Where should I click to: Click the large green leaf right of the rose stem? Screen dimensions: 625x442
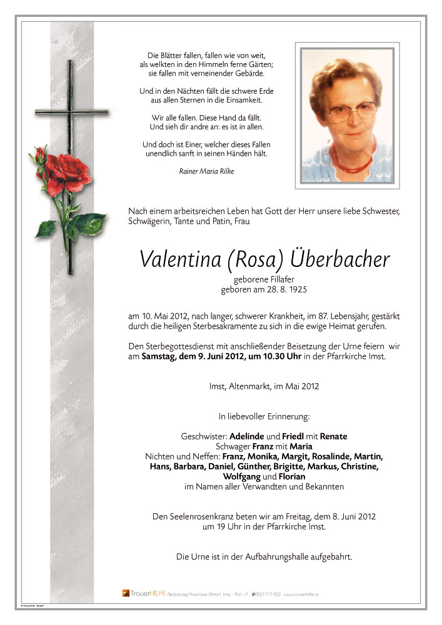coord(90,222)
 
